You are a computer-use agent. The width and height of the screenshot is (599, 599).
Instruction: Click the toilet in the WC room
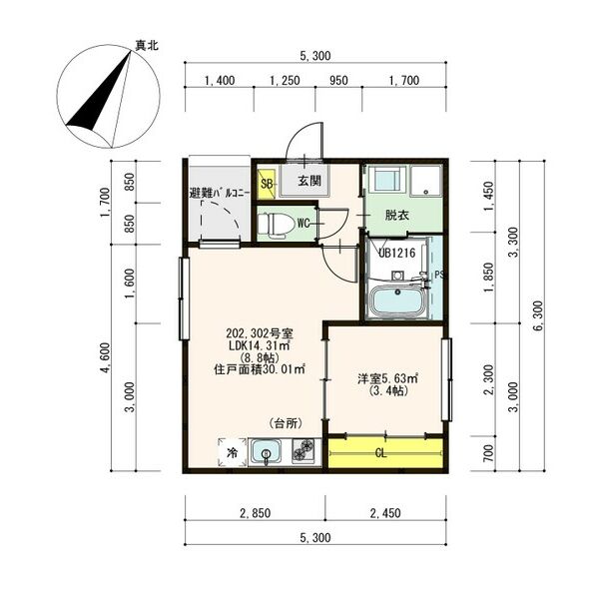tap(276, 224)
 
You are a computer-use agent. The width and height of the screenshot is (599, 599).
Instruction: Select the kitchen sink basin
tap(266, 452)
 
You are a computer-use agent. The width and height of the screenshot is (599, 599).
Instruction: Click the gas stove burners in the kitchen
tap(303, 451)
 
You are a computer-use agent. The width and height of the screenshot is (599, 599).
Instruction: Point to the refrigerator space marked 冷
tap(233, 452)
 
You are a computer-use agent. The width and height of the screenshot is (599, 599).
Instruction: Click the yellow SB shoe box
tap(267, 184)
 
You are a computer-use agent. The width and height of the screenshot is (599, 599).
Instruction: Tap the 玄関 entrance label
tap(309, 181)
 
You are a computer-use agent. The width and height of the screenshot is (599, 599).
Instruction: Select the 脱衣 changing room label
tap(397, 216)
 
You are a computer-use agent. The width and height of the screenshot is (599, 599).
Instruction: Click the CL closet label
tap(381, 453)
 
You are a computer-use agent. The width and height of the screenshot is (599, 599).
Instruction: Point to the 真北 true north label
tap(147, 46)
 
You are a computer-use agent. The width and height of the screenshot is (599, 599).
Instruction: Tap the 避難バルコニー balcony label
tap(220, 193)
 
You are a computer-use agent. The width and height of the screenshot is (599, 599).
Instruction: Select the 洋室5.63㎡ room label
tap(387, 379)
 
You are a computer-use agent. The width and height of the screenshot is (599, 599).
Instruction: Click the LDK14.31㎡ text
tap(259, 345)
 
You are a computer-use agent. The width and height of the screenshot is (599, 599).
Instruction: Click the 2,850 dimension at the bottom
tap(256, 513)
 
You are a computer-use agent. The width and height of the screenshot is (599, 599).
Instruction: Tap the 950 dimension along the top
tap(338, 81)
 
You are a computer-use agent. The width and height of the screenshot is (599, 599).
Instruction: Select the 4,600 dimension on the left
tap(106, 358)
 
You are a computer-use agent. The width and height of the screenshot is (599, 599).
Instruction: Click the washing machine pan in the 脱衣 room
tap(425, 182)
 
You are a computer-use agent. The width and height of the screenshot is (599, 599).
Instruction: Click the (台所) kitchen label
tap(287, 423)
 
